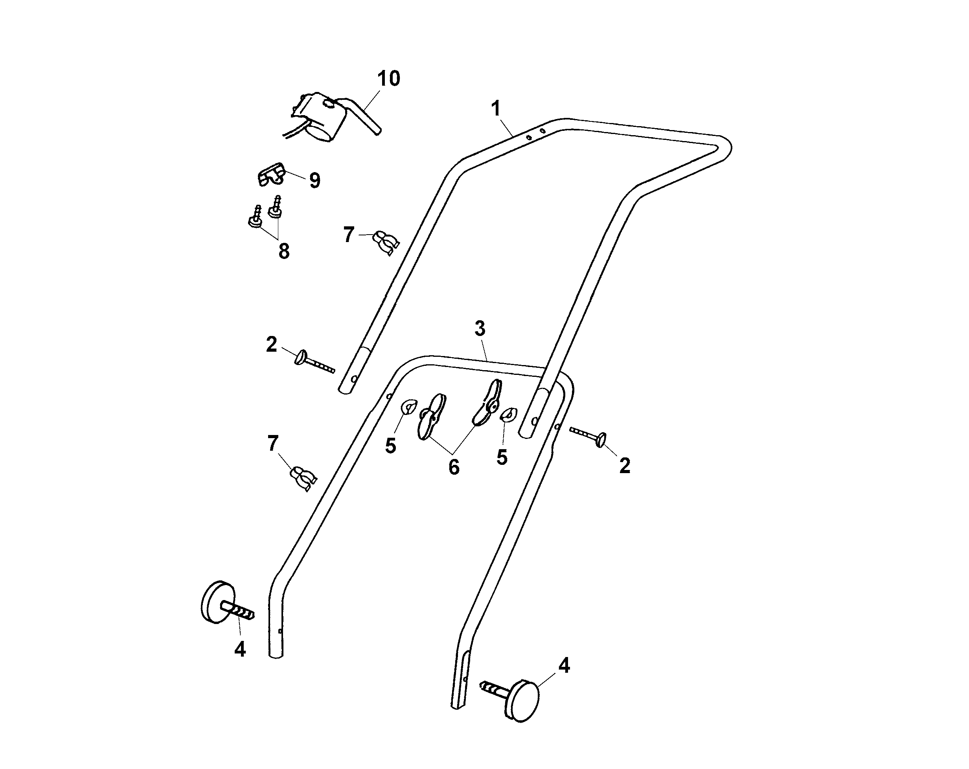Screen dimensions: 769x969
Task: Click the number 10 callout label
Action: tap(388, 79)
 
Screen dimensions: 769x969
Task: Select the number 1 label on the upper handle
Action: tap(496, 109)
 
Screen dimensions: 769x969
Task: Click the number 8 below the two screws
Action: tap(283, 251)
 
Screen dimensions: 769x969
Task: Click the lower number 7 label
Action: tap(273, 444)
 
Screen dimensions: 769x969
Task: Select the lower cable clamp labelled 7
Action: tap(303, 478)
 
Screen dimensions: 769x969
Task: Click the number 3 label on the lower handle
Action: tap(480, 329)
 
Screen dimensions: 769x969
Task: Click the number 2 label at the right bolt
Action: tap(624, 466)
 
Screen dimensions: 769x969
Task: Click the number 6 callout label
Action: tap(454, 468)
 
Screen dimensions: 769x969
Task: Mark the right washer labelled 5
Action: tap(509, 414)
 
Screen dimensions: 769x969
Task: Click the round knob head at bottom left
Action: tap(216, 602)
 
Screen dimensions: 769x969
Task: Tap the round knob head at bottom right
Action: tap(524, 702)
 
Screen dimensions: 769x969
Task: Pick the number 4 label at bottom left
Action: tap(240, 649)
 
